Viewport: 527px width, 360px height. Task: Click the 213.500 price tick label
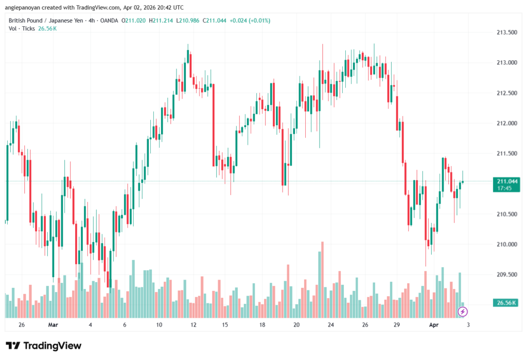[x=506, y=32]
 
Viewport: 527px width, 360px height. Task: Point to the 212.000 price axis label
[x=506, y=123]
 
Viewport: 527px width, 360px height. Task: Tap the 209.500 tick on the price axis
[x=506, y=275]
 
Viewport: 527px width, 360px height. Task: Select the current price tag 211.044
[x=507, y=181]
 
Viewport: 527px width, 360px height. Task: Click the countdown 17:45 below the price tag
[x=505, y=188]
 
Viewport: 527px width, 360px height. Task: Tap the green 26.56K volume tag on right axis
[x=506, y=303]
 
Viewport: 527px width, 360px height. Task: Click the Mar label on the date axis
[x=53, y=325]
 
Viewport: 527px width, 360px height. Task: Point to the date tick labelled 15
[x=225, y=325]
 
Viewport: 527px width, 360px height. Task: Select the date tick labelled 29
[x=397, y=325]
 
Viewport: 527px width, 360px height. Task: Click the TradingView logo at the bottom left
[x=43, y=346]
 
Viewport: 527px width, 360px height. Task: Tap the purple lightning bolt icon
[x=463, y=311]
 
